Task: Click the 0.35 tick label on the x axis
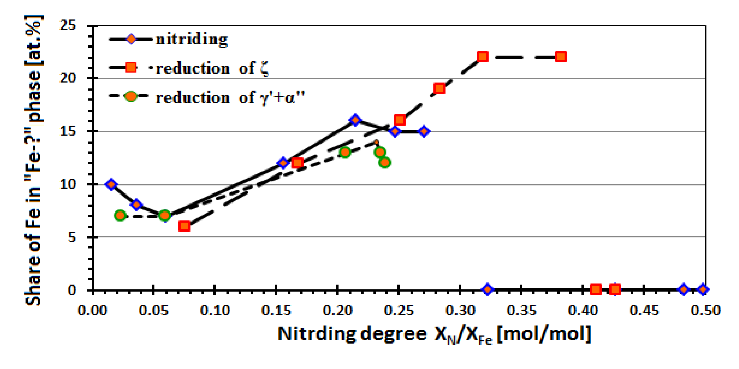521,310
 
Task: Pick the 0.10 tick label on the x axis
215,310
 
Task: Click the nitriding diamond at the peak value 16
355,120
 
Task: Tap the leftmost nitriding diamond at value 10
111,184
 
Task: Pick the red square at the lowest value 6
184,226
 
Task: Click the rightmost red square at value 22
561,57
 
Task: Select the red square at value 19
440,89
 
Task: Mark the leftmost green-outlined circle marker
120,215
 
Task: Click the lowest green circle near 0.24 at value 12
384,163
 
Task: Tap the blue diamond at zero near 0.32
487,289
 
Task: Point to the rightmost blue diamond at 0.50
703,289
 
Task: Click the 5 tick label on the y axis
71,237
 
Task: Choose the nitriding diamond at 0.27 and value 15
424,131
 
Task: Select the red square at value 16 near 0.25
400,120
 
